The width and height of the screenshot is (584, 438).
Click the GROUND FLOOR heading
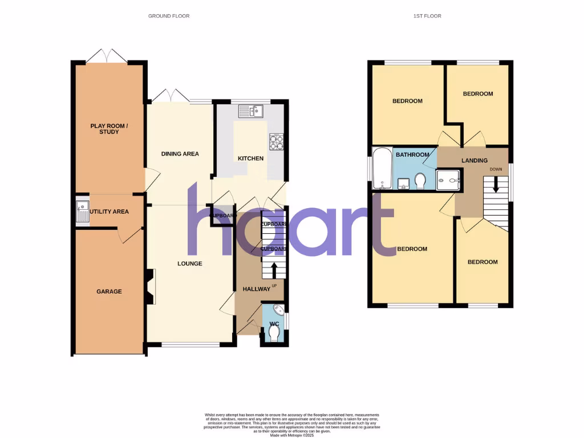[169, 16]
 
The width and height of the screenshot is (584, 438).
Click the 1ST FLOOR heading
[427, 16]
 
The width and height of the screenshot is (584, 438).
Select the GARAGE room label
[109, 291]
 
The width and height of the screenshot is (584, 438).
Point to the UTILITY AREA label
[109, 212]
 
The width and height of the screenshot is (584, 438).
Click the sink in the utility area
[82, 211]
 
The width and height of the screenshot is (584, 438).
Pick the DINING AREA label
[180, 154]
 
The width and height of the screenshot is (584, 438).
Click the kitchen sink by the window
[250, 111]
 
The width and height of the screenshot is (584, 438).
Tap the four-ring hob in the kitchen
[277, 141]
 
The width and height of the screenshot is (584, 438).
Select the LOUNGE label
[190, 263]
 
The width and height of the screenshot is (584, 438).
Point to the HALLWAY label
[257, 289]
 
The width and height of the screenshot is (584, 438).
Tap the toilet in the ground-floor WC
[274, 331]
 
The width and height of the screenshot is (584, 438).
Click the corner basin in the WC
[279, 311]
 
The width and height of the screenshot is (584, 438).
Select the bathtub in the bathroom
[380, 168]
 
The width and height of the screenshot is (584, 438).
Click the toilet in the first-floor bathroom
[421, 181]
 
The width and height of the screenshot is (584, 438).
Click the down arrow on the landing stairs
[495, 184]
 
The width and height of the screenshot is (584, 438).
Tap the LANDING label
[474, 161]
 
